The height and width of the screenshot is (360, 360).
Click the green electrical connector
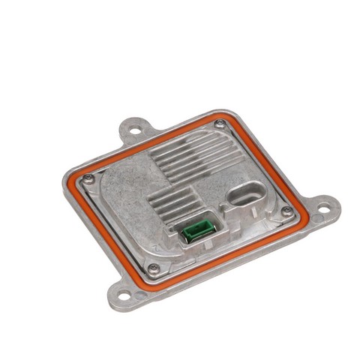tap(198, 229)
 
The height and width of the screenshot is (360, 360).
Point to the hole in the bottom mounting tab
tap(124, 286)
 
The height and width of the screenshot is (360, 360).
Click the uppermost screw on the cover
tap(219, 124)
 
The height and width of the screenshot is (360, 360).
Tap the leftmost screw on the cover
tap(88, 178)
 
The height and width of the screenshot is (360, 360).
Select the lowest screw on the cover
tap(154, 268)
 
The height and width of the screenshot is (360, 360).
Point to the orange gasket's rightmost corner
tap(304, 212)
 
